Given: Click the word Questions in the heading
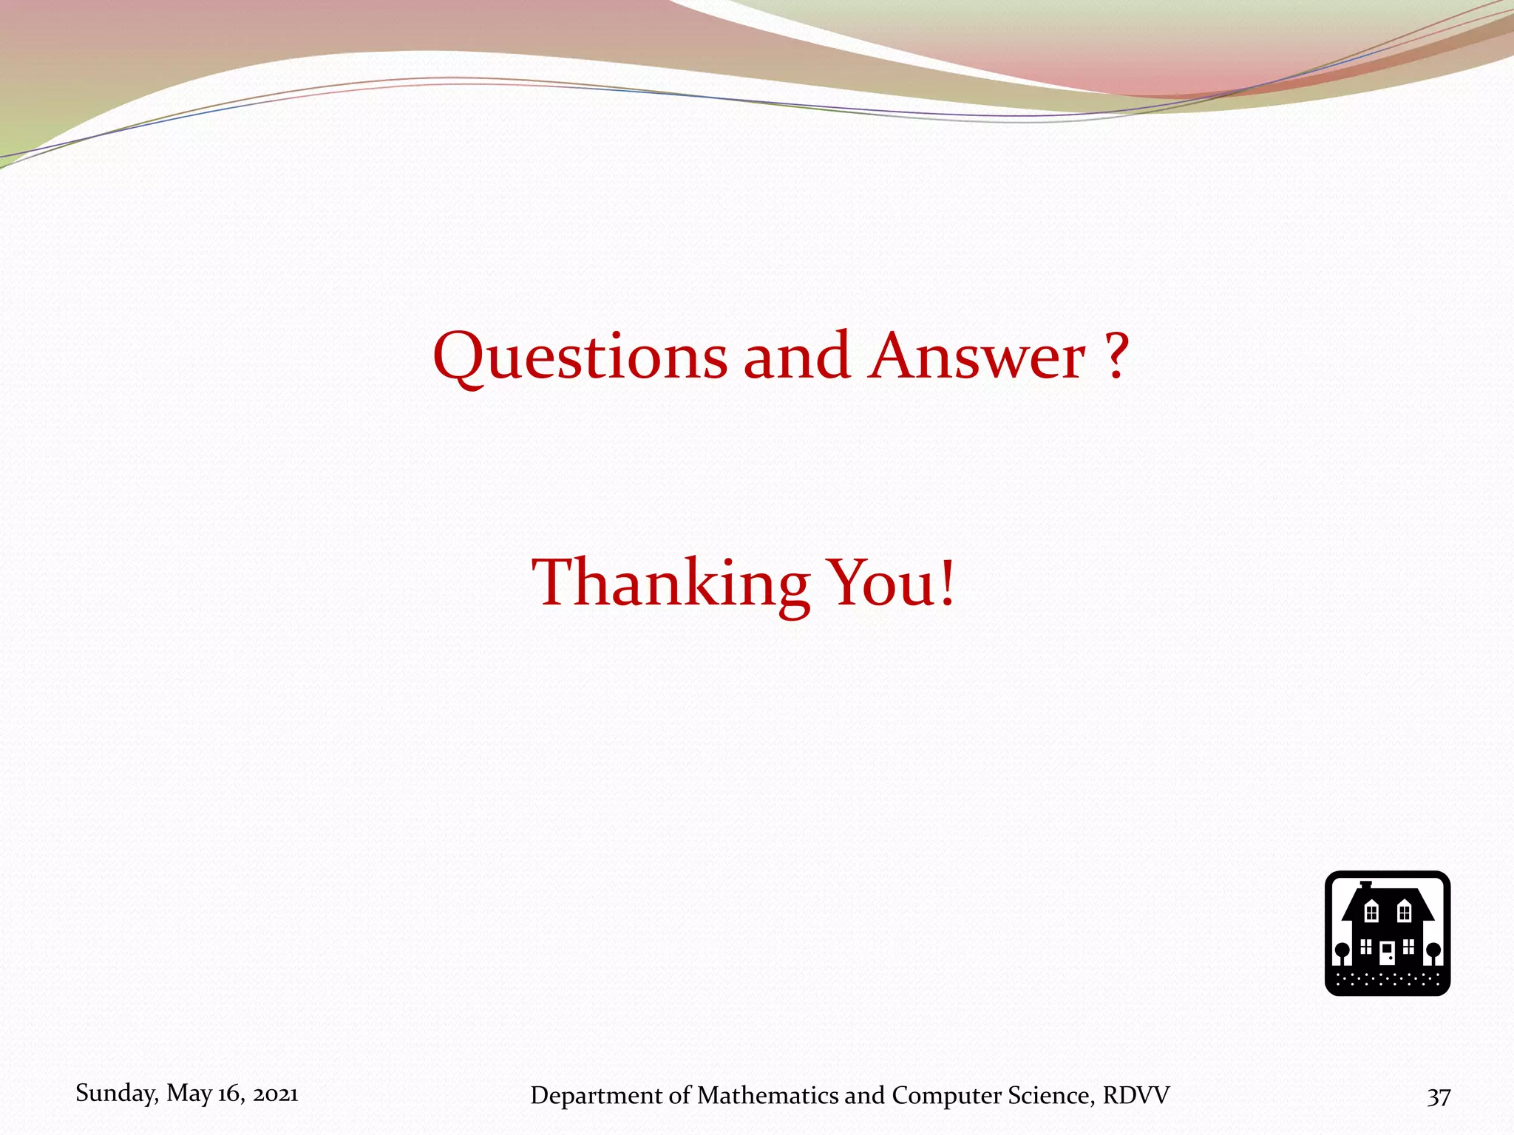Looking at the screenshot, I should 580,358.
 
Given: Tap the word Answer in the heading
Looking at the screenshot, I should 977,358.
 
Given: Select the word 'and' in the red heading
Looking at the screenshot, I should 796,356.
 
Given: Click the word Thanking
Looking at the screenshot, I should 671,584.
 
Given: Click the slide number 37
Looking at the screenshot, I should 1438,1097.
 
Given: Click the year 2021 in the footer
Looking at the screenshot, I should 275,1094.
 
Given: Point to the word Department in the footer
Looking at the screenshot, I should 597,1096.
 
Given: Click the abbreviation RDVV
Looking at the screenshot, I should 1136,1095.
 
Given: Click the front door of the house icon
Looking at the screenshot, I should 1388,952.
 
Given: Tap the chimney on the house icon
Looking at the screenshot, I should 1365,886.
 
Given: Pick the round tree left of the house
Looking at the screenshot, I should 1342,950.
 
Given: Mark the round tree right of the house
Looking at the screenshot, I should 1433,950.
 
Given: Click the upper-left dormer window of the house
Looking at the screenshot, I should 1371,913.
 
